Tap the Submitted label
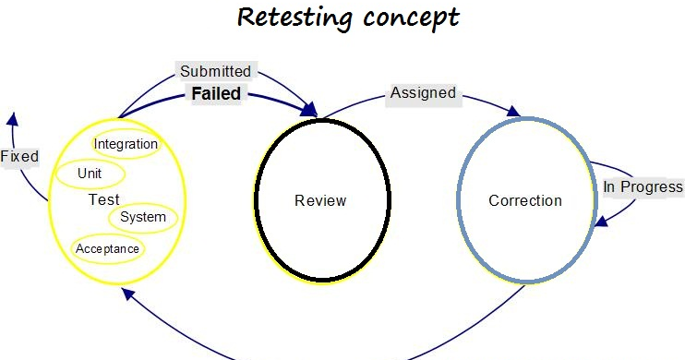click(215, 71)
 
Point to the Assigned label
click(423, 92)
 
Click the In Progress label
click(643, 186)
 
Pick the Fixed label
click(18, 156)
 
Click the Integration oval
click(126, 144)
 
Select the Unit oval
click(90, 173)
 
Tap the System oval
click(143, 217)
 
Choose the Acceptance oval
click(107, 248)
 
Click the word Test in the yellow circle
click(103, 199)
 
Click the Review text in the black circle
click(319, 200)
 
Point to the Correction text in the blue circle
click(524, 200)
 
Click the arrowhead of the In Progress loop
click(601, 221)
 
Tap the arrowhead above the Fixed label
click(11, 118)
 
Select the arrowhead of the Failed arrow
click(309, 113)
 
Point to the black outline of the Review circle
click(256, 200)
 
